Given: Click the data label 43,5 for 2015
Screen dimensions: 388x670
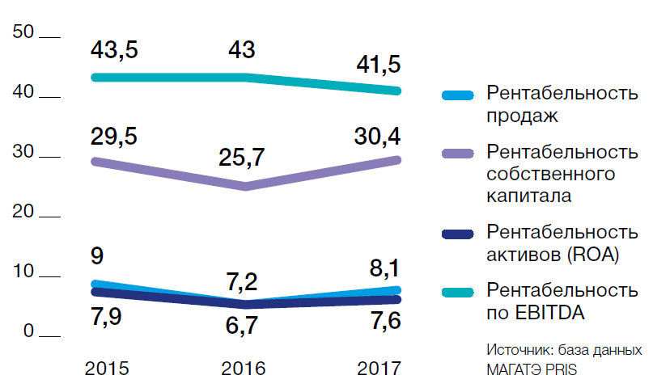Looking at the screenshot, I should [x=115, y=50].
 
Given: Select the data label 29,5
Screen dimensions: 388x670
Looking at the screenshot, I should [x=115, y=136].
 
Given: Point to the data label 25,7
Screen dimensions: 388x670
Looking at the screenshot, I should [x=241, y=157].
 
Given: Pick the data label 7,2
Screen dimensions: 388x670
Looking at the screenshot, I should [x=241, y=282].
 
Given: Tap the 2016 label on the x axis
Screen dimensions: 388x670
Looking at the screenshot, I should [x=244, y=369].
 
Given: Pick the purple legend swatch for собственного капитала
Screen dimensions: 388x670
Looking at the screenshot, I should [x=457, y=154].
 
